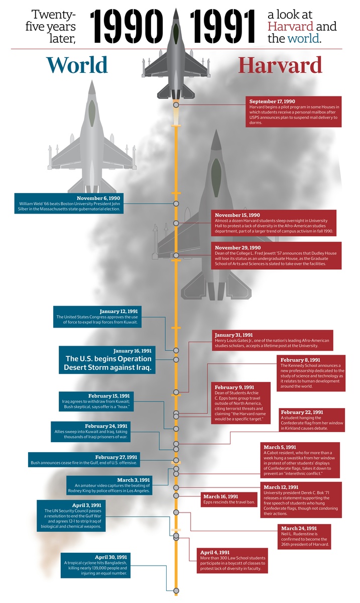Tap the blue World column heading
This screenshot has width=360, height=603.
(77, 65)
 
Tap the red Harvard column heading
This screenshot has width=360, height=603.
(280, 65)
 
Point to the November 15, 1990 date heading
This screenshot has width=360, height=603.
(237, 215)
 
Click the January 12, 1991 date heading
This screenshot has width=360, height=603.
(118, 311)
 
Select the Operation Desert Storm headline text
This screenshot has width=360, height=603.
(108, 363)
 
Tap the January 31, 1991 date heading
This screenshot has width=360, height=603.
(233, 335)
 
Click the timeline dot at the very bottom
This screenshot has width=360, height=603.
(176, 590)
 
